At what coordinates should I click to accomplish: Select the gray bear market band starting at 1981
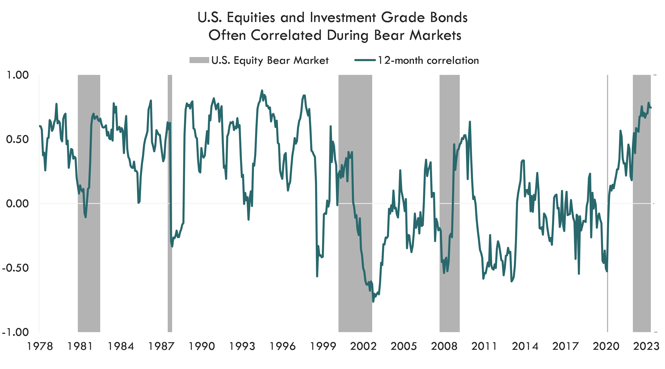point(89,258)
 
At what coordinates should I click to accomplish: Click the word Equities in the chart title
point(251,18)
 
